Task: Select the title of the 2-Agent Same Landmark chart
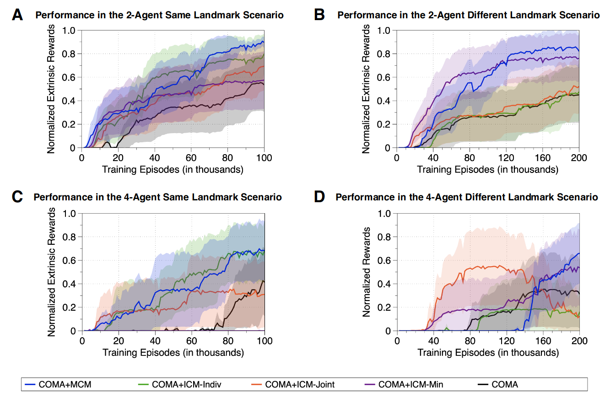tap(160, 15)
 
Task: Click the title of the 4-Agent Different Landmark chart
tap(467, 198)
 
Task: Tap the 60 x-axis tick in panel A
tap(191, 158)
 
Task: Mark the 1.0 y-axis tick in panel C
tap(71, 213)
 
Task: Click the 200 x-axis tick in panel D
tap(579, 341)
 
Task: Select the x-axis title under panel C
tap(173, 353)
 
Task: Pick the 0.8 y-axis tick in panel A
tap(71, 54)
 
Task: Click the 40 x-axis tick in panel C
tap(155, 341)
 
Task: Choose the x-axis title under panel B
tap(488, 170)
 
